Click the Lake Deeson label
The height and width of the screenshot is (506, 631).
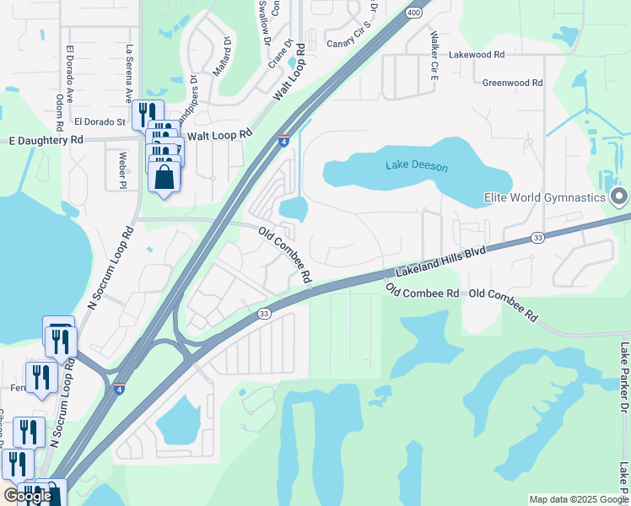(x=417, y=166)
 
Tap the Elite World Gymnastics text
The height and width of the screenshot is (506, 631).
(x=545, y=198)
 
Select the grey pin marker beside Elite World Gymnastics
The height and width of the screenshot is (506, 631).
(x=620, y=198)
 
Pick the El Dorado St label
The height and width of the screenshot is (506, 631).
(x=100, y=122)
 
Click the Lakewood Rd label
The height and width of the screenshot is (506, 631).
(x=477, y=54)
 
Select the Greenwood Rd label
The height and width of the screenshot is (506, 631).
(x=512, y=83)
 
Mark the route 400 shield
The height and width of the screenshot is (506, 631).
(x=413, y=13)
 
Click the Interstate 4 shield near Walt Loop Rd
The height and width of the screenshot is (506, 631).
(x=284, y=141)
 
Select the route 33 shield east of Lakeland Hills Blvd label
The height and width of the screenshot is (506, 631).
(x=537, y=239)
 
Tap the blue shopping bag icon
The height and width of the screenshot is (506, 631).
(x=164, y=178)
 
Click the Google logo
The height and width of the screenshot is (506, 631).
(x=28, y=496)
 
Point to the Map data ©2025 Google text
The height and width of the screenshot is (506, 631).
(x=579, y=499)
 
